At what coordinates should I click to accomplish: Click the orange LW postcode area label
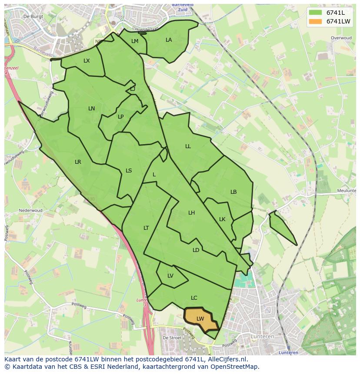tap(200, 319)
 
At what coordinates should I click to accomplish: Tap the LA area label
tap(169, 40)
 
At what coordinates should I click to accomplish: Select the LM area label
tap(135, 41)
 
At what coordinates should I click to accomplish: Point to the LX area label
tap(87, 61)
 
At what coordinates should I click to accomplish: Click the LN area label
tap(91, 109)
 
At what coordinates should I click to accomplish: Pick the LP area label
tap(120, 117)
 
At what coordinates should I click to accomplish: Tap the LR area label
tap(78, 162)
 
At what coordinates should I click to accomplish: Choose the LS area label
tap(129, 171)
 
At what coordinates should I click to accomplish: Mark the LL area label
tap(188, 146)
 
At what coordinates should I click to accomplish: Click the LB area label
tap(233, 192)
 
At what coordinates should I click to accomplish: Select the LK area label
tap(222, 219)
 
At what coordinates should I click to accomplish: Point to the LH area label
tap(191, 213)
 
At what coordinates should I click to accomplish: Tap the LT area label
tap(146, 228)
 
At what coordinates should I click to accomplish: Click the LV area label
tap(170, 276)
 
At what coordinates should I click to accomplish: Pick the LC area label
tap(194, 298)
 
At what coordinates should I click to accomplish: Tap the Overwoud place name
tap(341, 38)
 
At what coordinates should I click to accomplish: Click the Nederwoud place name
tap(30, 211)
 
